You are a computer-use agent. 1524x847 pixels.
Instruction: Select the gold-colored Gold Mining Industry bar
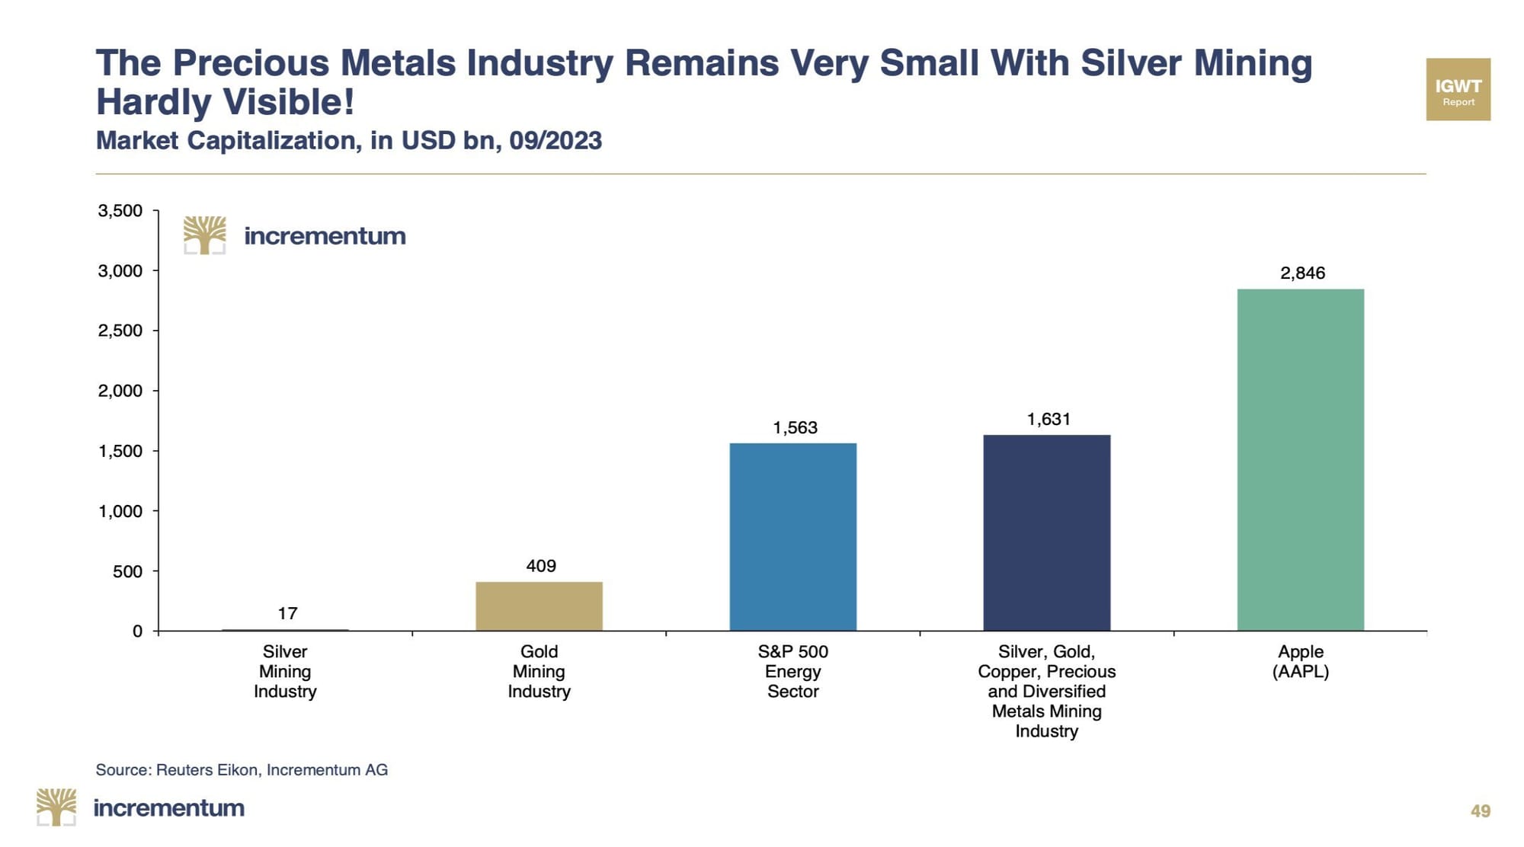point(539,606)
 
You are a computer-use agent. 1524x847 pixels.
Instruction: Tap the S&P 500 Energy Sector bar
point(792,536)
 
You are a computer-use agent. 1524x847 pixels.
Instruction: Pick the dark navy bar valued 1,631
point(1046,532)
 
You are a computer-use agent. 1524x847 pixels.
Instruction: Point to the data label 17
point(287,613)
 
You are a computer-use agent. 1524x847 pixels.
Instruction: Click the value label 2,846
point(1302,273)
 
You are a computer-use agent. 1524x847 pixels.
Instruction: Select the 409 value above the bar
point(541,566)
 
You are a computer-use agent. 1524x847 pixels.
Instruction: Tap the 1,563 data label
point(795,428)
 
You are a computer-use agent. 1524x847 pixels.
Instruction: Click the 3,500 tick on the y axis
point(120,211)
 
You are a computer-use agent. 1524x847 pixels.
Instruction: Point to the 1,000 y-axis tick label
point(120,511)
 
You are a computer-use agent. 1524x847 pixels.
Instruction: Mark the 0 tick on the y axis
point(137,631)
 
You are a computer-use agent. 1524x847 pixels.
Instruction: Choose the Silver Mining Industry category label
point(285,671)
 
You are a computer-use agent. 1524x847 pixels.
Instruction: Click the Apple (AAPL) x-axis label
point(1300,661)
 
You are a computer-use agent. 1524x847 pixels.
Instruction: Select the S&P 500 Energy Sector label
point(792,671)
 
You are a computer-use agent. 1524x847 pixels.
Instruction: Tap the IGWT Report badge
point(1458,89)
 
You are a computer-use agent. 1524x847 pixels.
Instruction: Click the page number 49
point(1480,811)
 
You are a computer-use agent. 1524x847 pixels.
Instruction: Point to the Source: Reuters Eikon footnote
point(242,770)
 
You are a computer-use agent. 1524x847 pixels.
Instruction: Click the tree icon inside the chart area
point(204,235)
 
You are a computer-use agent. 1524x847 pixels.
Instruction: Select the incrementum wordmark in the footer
point(168,808)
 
